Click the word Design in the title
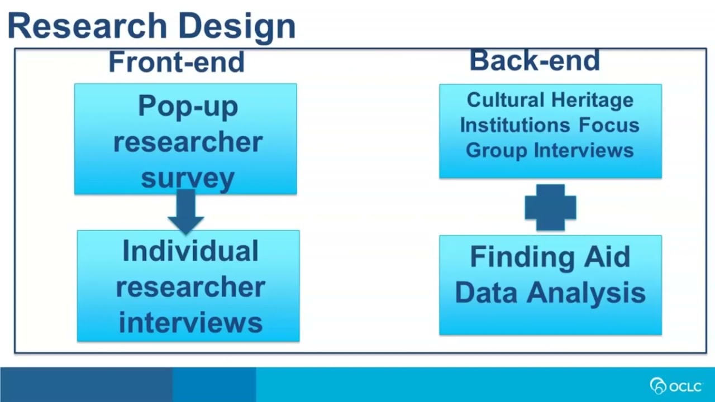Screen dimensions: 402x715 click(237, 27)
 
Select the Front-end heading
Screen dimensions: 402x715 click(177, 61)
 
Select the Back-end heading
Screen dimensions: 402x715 click(535, 60)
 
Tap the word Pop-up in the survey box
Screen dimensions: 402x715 click(188, 106)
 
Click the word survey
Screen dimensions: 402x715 click(188, 178)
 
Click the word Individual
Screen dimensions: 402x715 click(190, 251)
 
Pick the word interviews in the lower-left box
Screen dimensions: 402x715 click(190, 323)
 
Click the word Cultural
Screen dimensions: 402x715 click(504, 100)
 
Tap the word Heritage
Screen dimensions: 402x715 click(592, 100)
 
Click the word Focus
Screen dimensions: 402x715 click(609, 125)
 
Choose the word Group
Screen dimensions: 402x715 click(496, 150)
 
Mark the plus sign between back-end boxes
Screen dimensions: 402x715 click(550, 207)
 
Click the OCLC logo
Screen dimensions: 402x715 click(676, 386)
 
